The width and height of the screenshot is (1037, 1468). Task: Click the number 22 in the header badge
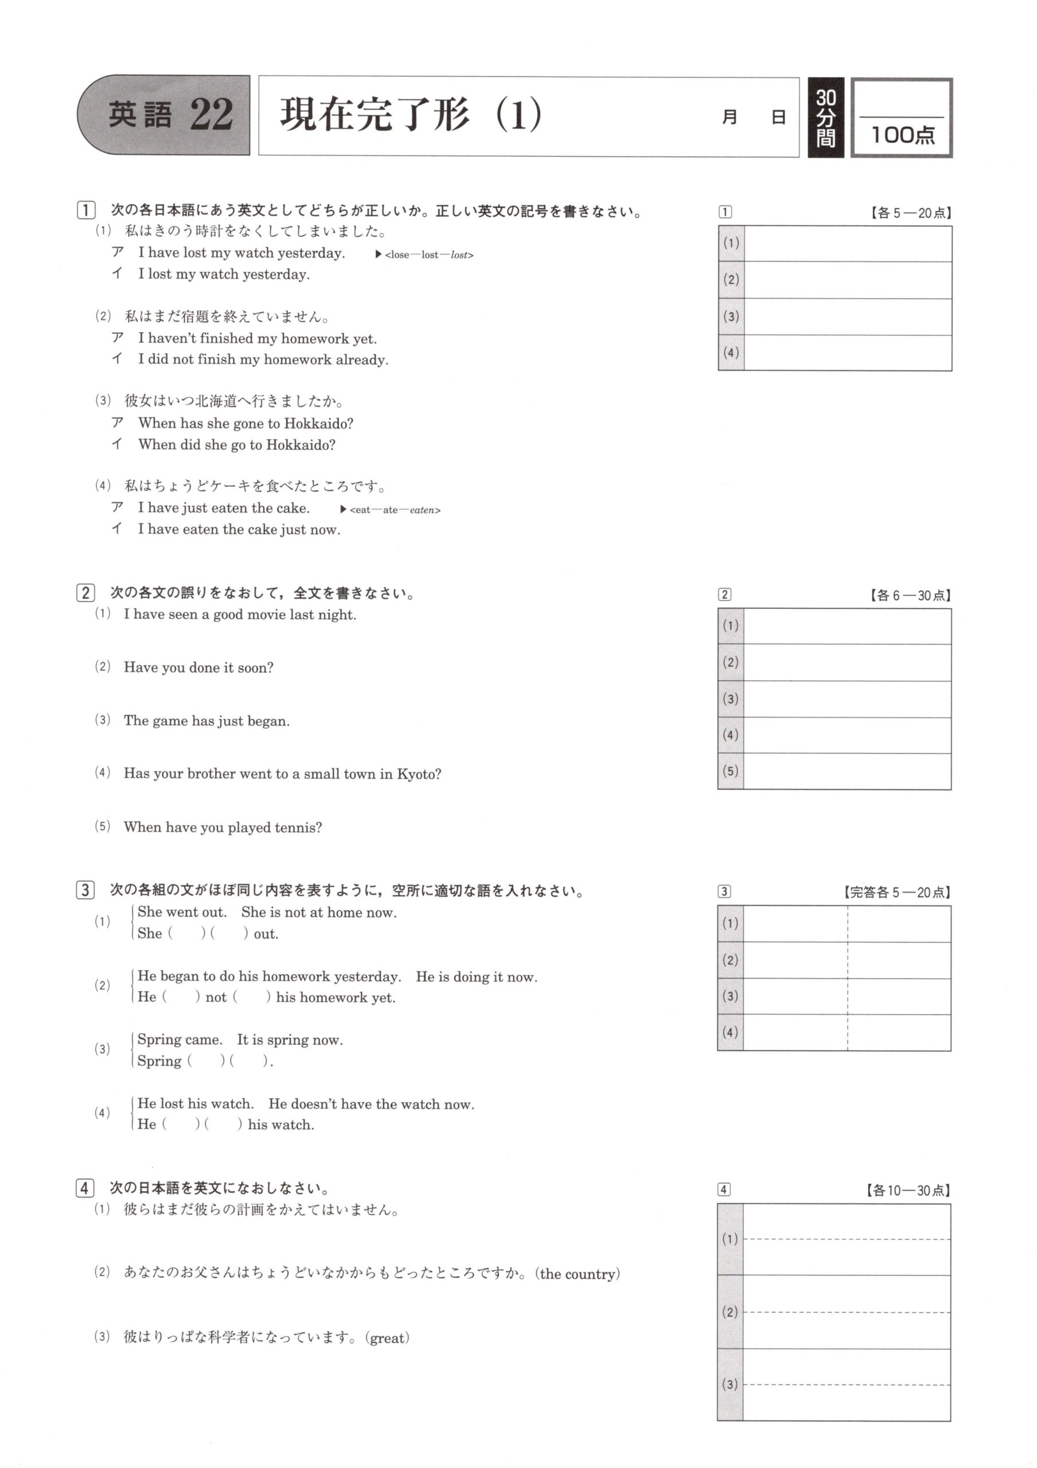[211, 115]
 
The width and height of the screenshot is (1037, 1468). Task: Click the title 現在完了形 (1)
[411, 115]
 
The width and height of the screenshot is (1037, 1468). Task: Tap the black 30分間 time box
[825, 118]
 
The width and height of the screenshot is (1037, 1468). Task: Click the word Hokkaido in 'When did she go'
[301, 445]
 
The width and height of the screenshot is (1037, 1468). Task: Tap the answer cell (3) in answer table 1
[847, 317]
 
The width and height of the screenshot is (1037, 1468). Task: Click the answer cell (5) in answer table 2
[847, 771]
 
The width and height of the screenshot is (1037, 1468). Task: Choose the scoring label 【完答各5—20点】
[896, 892]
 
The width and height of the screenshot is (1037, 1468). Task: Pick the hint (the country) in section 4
[578, 1274]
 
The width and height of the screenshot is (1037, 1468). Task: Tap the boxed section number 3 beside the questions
[85, 890]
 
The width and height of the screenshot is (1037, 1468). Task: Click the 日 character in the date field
[778, 118]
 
